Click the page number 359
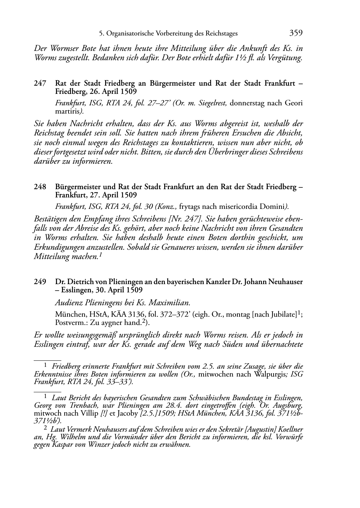point(296,33)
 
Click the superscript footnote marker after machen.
point(101,255)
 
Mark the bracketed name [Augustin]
point(261,429)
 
